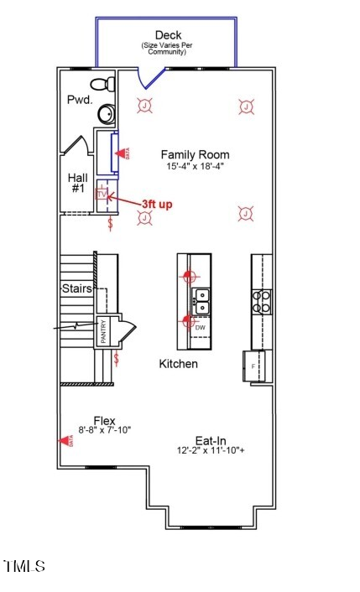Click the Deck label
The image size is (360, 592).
point(169,35)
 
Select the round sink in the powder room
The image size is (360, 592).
point(107,113)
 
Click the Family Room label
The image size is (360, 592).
point(195,155)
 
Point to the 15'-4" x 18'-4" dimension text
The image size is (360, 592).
point(195,167)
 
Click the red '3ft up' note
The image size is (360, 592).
point(157,204)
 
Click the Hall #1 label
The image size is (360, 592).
point(77,183)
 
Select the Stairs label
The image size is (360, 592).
point(76,289)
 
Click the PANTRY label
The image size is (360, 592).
point(103,333)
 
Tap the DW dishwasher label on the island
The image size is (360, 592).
point(201,327)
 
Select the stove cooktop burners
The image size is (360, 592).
point(262,300)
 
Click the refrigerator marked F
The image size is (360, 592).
point(256,366)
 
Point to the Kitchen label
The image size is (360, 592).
point(179,364)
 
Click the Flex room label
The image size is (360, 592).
point(105,420)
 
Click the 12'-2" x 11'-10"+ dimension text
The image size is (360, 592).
point(210,451)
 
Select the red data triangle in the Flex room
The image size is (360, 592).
point(63,440)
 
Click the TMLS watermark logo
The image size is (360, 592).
point(24,567)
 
